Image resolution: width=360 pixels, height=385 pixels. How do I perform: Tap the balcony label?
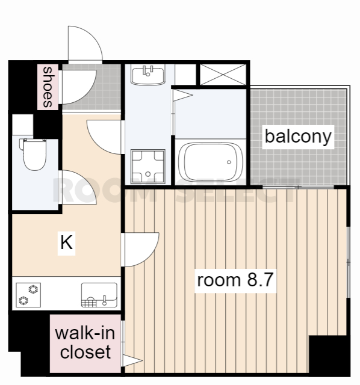pos(299,137)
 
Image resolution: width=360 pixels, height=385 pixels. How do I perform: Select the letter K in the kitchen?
pos(66,243)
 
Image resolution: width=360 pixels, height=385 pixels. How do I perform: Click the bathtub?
pos(208,162)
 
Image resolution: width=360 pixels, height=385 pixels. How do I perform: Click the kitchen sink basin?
pos(99,295)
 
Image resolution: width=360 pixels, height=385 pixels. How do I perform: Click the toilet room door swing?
pos(77,188)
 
